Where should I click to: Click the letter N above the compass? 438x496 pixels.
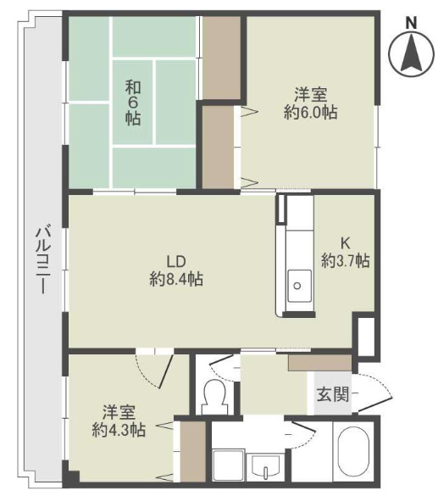tap(411, 22)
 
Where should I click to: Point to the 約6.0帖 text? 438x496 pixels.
tap(310, 112)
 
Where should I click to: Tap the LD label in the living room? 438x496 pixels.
tap(175, 261)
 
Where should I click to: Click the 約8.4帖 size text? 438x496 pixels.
tap(175, 279)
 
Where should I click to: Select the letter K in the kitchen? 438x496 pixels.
tap(345, 242)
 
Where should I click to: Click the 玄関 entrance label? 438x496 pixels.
tap(331, 393)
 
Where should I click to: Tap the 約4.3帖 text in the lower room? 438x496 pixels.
tap(119, 430)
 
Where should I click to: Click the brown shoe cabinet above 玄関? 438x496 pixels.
tap(319, 362)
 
